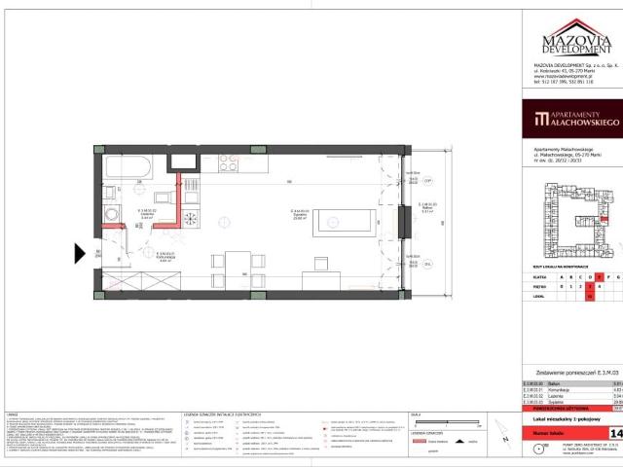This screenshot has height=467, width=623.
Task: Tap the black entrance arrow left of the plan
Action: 81,254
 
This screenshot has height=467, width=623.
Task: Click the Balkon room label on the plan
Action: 413,206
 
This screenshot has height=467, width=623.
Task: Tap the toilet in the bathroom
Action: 109,190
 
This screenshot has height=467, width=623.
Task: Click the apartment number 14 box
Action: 614,405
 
